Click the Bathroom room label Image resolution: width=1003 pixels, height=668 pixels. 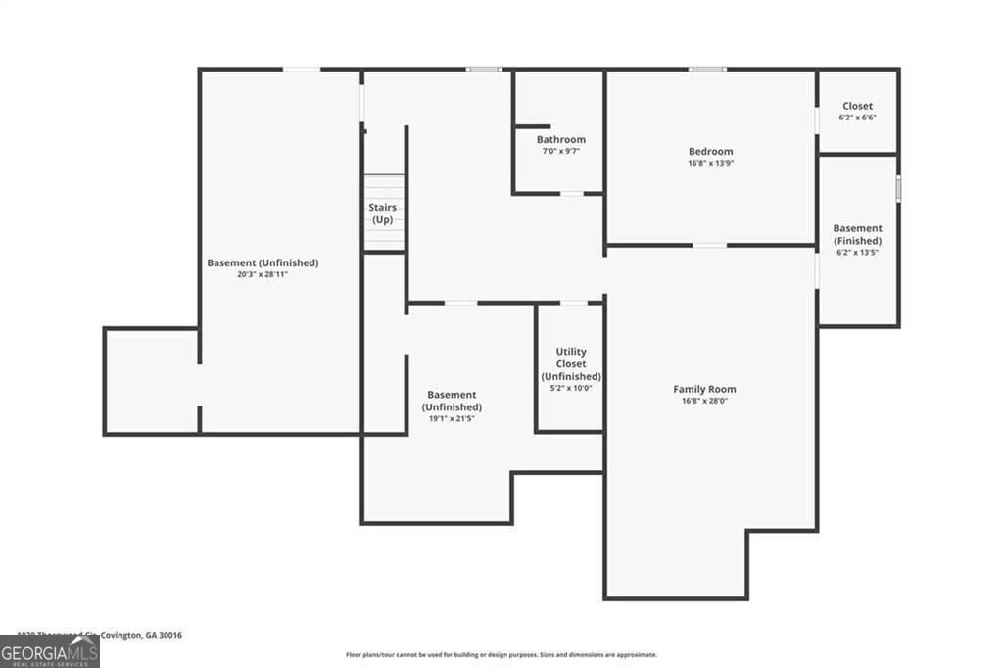click(x=560, y=139)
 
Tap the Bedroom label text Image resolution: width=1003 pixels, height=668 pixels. click(x=710, y=151)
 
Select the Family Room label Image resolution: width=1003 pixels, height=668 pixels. click(x=704, y=389)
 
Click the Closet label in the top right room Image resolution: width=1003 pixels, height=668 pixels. click(x=857, y=106)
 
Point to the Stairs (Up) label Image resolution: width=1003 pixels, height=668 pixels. click(x=382, y=214)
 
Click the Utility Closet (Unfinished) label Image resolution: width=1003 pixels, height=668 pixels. click(x=571, y=363)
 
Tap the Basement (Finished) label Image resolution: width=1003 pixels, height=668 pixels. click(x=857, y=234)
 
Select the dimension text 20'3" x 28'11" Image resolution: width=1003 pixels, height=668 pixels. click(x=263, y=274)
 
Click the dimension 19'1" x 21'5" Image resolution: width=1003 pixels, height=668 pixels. click(x=452, y=418)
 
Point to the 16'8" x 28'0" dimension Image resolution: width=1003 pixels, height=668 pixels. click(x=704, y=401)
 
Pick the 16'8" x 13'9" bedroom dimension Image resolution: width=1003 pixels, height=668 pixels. click(x=710, y=163)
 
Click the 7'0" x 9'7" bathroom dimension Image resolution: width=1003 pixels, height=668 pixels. click(x=560, y=151)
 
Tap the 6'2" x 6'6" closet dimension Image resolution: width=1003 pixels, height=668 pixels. click(x=857, y=118)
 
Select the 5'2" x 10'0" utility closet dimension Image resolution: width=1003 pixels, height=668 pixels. click(x=571, y=388)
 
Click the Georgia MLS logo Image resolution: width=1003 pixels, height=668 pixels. click(x=49, y=652)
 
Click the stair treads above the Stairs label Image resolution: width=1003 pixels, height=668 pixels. click(x=384, y=186)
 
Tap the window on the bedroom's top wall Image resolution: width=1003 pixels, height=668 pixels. click(x=707, y=70)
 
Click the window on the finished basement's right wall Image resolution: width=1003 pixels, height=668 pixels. click(x=898, y=188)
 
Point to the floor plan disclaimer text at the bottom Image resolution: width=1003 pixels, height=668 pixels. click(x=501, y=655)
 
